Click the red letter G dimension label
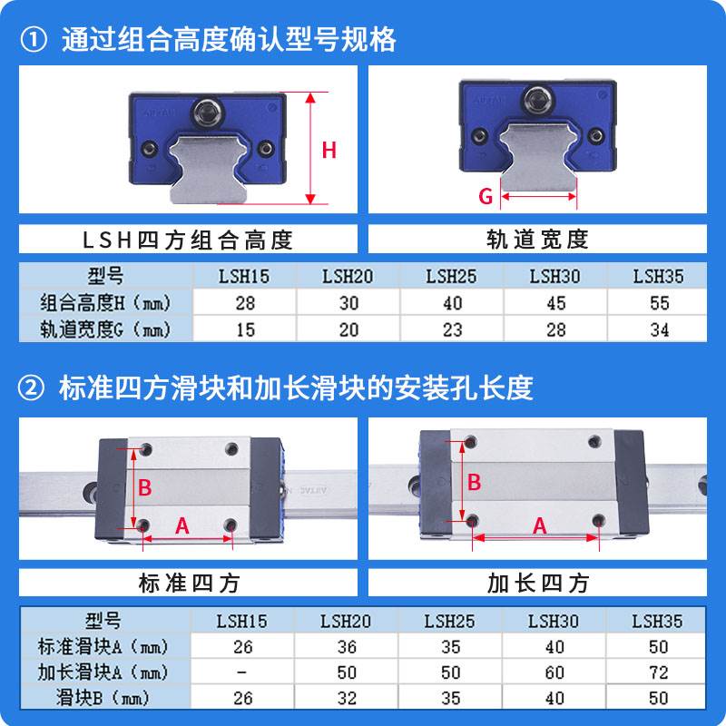[x=486, y=195]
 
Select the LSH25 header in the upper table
[x=451, y=277]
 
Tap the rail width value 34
[x=659, y=329]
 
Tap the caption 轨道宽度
[x=538, y=239]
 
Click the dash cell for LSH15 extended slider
[x=241, y=672]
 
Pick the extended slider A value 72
[x=659, y=672]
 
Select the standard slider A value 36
[x=347, y=647]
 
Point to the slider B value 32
[x=347, y=699]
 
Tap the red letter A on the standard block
[x=181, y=525]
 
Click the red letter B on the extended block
[x=473, y=483]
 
